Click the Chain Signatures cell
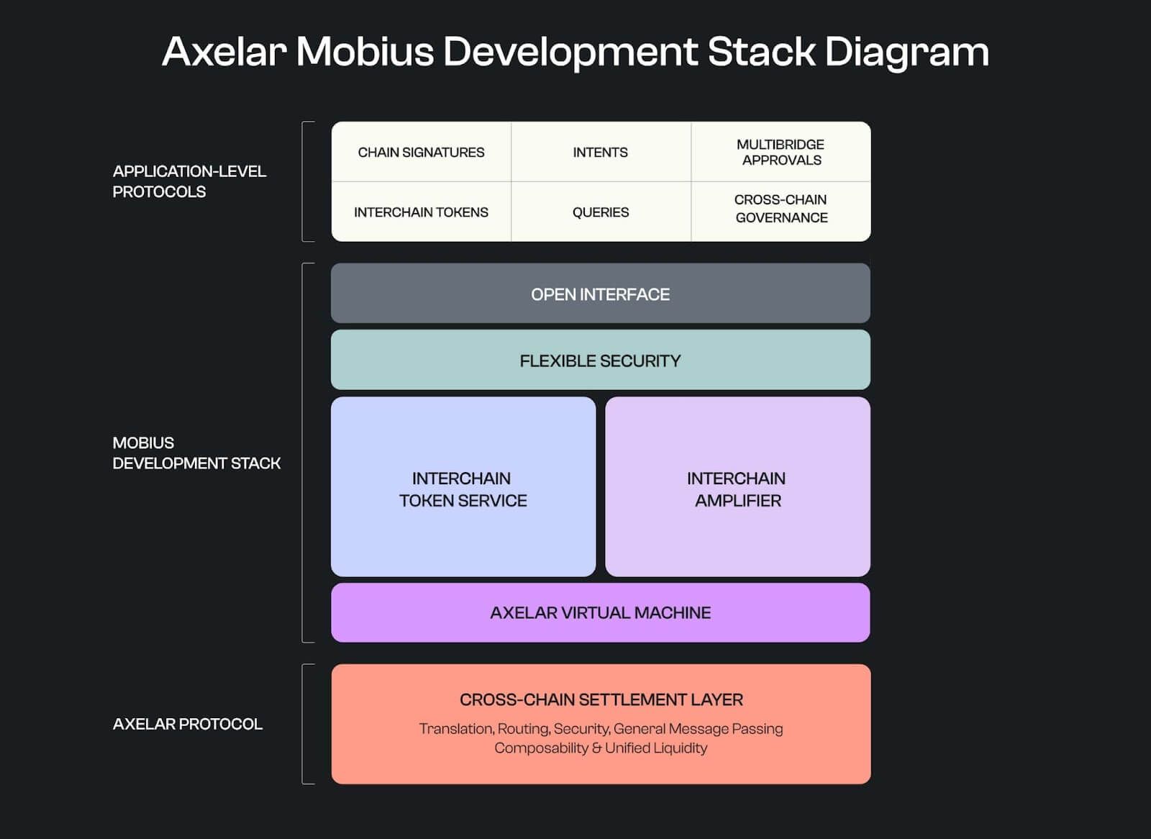(422, 152)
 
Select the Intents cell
(601, 152)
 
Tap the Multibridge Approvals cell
(781, 152)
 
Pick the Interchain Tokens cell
(422, 212)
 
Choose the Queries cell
(601, 212)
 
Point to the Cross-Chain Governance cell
(781, 212)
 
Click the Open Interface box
(601, 294)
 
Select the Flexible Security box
(601, 360)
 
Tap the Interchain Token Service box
(463, 487)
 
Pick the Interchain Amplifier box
(738, 487)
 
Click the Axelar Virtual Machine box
(601, 613)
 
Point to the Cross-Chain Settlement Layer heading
(601, 699)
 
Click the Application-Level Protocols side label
(189, 181)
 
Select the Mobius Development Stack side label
(196, 453)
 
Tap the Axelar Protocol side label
(188, 724)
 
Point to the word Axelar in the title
(224, 51)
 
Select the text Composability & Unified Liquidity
(601, 748)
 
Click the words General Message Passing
(699, 729)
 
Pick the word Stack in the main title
(762, 51)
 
